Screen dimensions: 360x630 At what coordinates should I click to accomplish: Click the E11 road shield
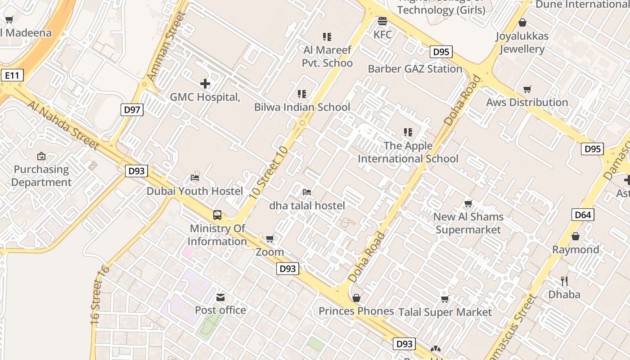click(x=12, y=75)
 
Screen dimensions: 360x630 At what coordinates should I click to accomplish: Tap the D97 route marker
click(x=132, y=109)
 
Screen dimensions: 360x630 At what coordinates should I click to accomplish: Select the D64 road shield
click(x=583, y=215)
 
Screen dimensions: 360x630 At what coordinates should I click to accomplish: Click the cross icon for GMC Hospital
click(x=205, y=84)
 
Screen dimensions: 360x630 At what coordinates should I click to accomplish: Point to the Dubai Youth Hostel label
click(x=195, y=191)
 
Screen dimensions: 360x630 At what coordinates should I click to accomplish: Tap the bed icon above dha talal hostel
click(x=307, y=192)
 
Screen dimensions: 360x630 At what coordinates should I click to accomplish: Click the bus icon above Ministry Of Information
click(x=217, y=215)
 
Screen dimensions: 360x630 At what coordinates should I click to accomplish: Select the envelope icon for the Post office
click(x=220, y=297)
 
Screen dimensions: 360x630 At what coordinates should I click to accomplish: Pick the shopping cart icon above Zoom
click(x=270, y=238)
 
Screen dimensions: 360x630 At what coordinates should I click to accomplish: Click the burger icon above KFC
click(x=382, y=21)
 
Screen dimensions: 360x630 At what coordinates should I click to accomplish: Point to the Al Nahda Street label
click(x=63, y=125)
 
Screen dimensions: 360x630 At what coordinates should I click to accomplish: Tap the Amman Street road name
click(x=166, y=47)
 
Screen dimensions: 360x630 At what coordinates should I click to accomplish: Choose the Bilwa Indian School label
click(x=302, y=107)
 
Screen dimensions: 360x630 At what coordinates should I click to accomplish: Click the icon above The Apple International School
click(x=408, y=132)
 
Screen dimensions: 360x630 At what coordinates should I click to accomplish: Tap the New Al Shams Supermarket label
click(x=468, y=223)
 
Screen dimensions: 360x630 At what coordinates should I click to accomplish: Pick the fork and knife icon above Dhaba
click(x=564, y=281)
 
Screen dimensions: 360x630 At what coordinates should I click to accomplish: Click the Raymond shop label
click(x=576, y=250)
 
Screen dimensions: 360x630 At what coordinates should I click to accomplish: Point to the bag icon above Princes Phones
click(x=356, y=298)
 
